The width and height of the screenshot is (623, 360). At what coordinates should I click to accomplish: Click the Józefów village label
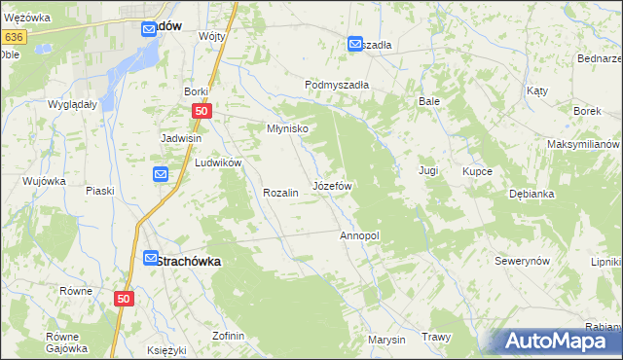pos(331,185)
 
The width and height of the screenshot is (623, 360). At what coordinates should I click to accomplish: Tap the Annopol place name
pos(358,235)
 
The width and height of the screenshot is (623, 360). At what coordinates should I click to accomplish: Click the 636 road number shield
pos(13,37)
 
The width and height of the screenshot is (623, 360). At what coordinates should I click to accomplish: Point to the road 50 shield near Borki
pos(201,112)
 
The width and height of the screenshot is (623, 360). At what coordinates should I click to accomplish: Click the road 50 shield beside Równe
pos(123,301)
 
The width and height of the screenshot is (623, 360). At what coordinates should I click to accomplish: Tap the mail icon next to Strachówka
pos(151,259)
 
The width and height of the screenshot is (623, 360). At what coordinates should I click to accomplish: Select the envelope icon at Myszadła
pos(355,44)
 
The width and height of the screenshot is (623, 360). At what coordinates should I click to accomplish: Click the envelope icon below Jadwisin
pos(162,174)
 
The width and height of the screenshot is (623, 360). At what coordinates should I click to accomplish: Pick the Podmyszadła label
pos(337,85)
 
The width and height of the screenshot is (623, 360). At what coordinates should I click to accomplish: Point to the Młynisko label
pos(288,128)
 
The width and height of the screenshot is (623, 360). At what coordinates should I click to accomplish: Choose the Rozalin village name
pos(279,193)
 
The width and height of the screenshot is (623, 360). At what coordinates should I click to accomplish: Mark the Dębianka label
pos(531,194)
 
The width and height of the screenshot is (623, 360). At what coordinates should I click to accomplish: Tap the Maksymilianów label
pos(583,144)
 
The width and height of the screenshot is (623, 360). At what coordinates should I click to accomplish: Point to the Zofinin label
pos(228,336)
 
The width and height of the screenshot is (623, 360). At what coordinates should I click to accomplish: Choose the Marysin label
pos(386,340)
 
